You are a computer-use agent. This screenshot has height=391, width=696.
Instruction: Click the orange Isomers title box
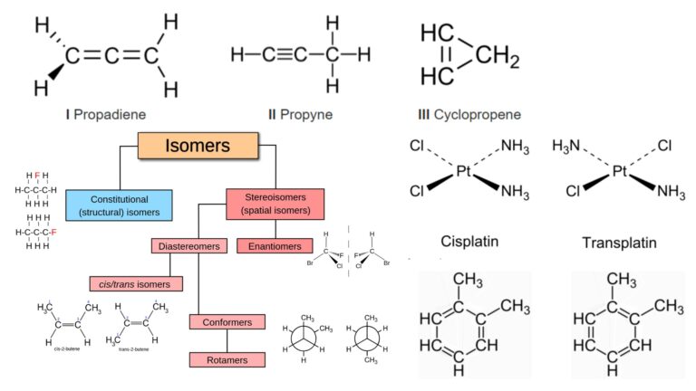click(198, 146)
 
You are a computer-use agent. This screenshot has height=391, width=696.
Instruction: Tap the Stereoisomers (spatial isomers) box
click(273, 204)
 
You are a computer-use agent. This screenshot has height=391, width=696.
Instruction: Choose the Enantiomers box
click(268, 245)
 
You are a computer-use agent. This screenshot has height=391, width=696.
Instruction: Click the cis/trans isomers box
click(136, 284)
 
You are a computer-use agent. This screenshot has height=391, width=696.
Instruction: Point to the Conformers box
click(227, 321)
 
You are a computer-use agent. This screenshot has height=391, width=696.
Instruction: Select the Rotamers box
click(227, 359)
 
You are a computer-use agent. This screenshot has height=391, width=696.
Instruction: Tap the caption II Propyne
click(300, 115)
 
